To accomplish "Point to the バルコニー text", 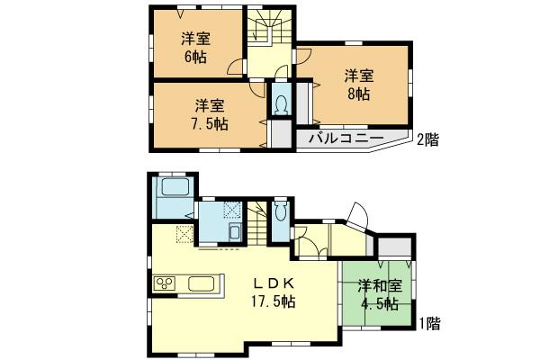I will (x=346, y=139).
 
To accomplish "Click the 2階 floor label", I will (x=427, y=139).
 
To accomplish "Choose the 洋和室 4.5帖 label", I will (x=378, y=295).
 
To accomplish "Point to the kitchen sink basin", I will (x=201, y=287).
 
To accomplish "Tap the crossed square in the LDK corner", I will (x=184, y=236).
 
